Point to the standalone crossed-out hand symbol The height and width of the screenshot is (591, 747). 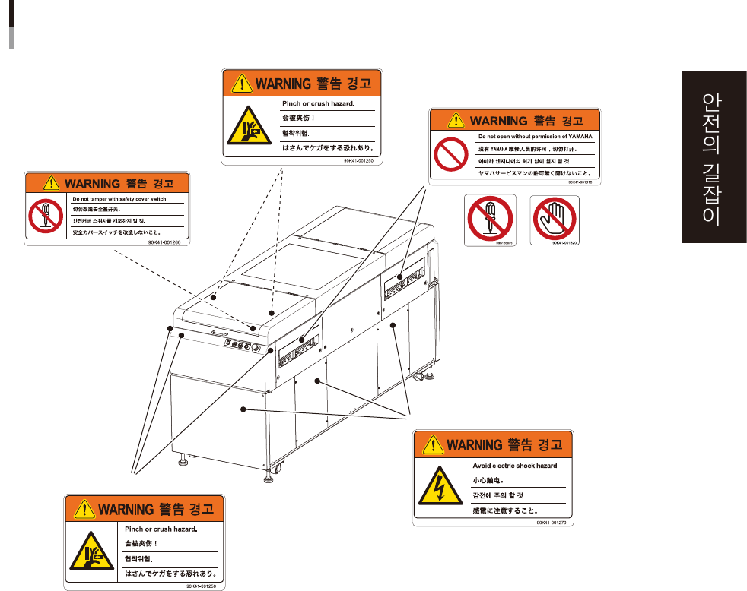[554, 220]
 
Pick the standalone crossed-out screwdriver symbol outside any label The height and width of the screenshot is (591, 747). [491, 220]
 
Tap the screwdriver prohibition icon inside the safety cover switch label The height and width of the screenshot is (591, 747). [44, 215]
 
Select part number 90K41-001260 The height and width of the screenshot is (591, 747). [167, 243]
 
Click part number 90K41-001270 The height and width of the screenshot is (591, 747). [553, 523]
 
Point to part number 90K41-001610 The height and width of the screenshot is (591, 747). [583, 182]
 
